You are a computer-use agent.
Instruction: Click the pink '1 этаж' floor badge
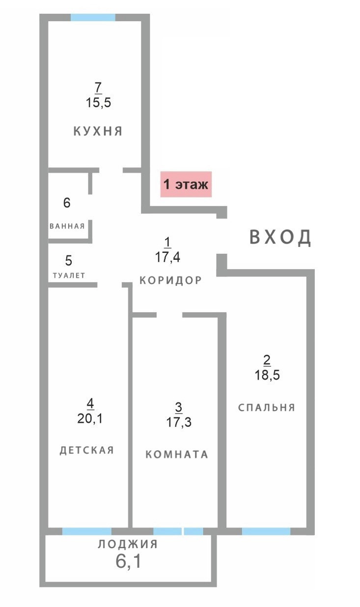(x=186, y=184)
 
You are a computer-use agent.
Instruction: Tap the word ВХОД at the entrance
(x=280, y=237)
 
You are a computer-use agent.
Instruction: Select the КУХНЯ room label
(x=98, y=131)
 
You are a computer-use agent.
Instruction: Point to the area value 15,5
(x=98, y=103)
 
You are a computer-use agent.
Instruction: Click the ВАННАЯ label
(x=67, y=226)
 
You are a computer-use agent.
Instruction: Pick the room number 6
(x=67, y=203)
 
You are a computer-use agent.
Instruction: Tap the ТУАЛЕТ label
(x=69, y=276)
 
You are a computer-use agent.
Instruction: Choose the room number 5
(x=69, y=260)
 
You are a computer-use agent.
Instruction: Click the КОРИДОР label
(x=170, y=280)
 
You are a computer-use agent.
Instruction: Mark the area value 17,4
(x=167, y=257)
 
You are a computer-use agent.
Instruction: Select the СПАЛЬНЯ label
(x=267, y=407)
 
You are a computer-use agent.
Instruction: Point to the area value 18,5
(x=267, y=375)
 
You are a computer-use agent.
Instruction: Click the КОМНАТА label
(x=177, y=454)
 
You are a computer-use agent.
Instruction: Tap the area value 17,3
(x=179, y=422)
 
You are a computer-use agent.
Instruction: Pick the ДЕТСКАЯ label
(x=86, y=450)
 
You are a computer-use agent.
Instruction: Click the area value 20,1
(x=90, y=419)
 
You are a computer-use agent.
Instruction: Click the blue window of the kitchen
(x=93, y=17)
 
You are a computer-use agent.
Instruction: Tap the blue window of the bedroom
(x=266, y=531)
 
